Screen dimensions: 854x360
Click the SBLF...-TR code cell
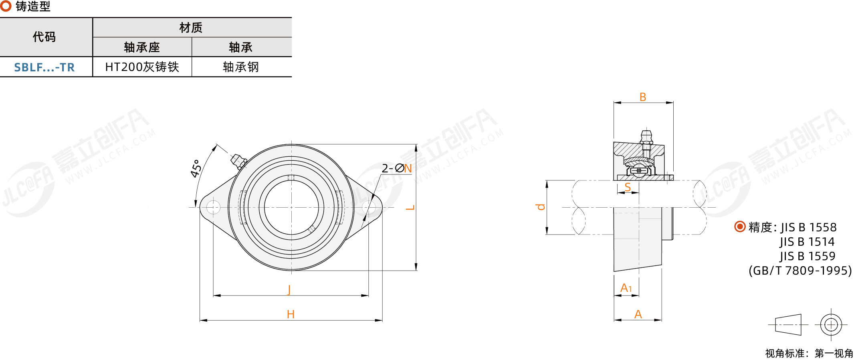click(44, 67)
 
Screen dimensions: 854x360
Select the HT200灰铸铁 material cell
click(142, 67)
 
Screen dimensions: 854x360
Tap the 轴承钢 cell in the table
click(241, 67)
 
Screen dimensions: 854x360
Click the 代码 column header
click(44, 37)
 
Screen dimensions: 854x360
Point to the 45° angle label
click(196, 168)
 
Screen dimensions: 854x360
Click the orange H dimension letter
click(291, 314)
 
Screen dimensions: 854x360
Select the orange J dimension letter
click(289, 289)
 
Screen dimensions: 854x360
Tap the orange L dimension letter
click(410, 208)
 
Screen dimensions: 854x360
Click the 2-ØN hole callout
click(397, 168)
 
